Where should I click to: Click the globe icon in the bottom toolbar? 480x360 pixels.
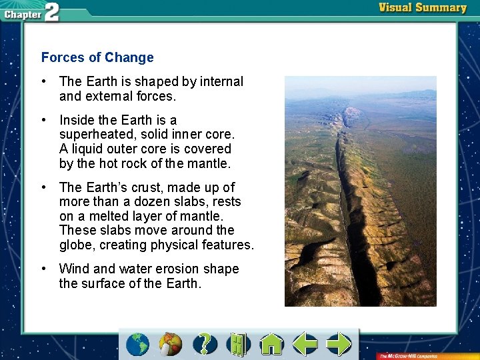click(138, 344)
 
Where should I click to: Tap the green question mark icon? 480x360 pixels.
click(205, 344)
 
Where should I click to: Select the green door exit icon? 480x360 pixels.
click(237, 344)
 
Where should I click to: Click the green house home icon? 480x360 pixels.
click(271, 344)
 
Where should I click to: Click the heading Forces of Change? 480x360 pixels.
click(97, 58)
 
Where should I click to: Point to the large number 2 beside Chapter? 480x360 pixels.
click(51, 11)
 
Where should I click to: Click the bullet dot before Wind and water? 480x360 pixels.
click(43, 269)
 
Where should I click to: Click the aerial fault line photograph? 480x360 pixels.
click(360, 191)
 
